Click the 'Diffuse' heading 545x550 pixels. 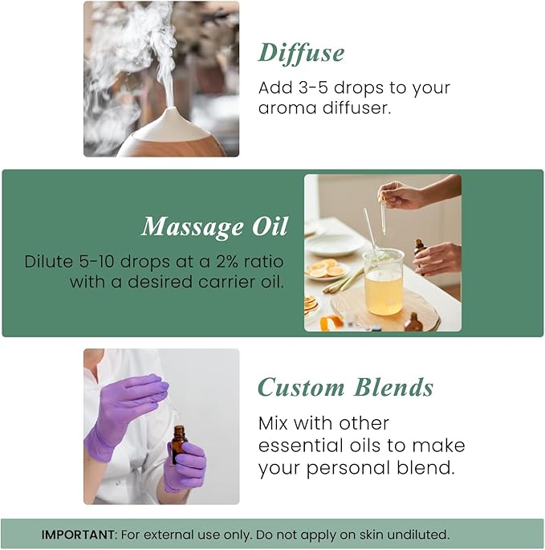click(301, 53)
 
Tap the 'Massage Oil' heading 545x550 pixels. click(214, 227)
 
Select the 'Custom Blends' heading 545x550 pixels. click(345, 388)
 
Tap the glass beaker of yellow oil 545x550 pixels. click(383, 281)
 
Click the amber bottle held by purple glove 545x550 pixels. click(178, 443)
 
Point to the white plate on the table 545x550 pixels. click(335, 243)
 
